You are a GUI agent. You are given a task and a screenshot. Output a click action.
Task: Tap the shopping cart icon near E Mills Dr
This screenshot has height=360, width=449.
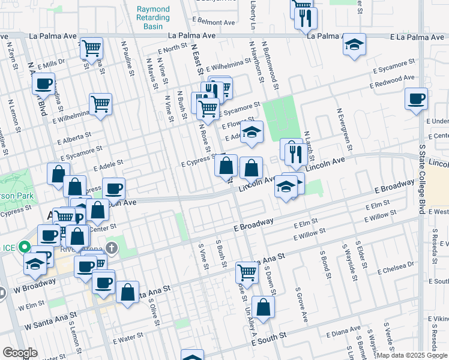pyautogui.click(x=91, y=48)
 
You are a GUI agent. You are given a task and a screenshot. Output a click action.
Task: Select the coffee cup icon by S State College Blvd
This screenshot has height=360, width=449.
pyautogui.click(x=416, y=99)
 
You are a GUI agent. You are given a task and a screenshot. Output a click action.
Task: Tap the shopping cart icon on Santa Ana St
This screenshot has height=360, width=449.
pyautogui.click(x=247, y=272)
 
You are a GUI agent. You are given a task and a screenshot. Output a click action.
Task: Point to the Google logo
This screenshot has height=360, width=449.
pyautogui.click(x=20, y=353)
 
